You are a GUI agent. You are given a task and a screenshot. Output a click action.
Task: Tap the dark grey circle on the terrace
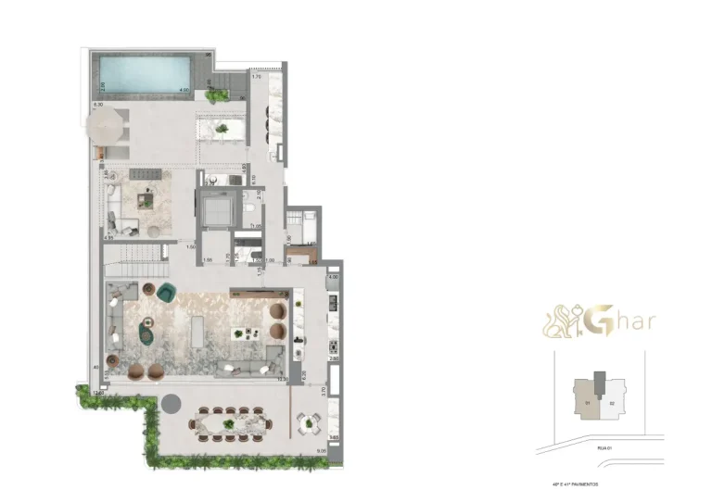pyautogui.click(x=171, y=402)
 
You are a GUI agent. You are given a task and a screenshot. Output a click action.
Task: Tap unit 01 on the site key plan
pyautogui.click(x=588, y=403)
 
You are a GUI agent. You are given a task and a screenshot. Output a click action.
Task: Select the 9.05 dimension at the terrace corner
pyautogui.click(x=320, y=451)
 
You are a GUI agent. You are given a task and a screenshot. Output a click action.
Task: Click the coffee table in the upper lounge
pyautogui.click(x=147, y=196)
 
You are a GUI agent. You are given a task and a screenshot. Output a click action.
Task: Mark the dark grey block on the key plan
pyautogui.click(x=600, y=382)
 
